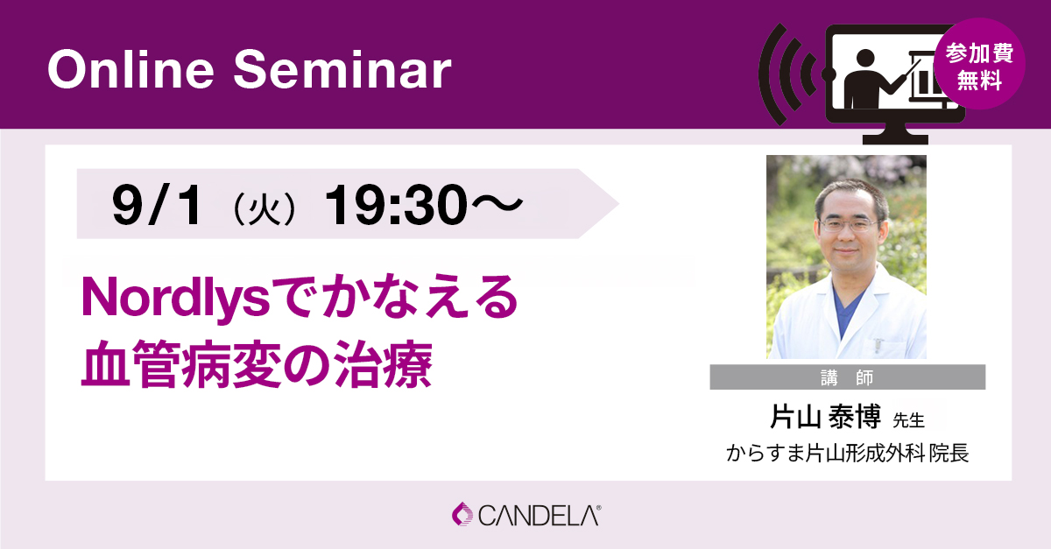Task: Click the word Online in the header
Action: click(x=131, y=69)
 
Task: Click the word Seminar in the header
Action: click(x=342, y=69)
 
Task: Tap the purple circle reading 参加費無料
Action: click(x=979, y=64)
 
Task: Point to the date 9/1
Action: click(x=157, y=205)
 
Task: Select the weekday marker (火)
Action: click(x=265, y=207)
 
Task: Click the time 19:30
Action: click(x=397, y=205)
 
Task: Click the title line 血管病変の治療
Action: click(x=257, y=364)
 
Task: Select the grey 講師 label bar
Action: click(x=848, y=377)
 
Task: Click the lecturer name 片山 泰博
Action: click(x=825, y=417)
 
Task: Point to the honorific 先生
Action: click(x=908, y=420)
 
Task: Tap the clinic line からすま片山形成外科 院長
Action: click(x=848, y=453)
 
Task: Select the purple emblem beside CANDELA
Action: click(x=462, y=514)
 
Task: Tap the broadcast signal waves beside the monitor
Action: click(x=788, y=74)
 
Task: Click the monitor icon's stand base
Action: click(x=895, y=138)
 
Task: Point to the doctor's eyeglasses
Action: click(x=850, y=225)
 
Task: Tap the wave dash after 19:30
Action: click(x=497, y=204)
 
